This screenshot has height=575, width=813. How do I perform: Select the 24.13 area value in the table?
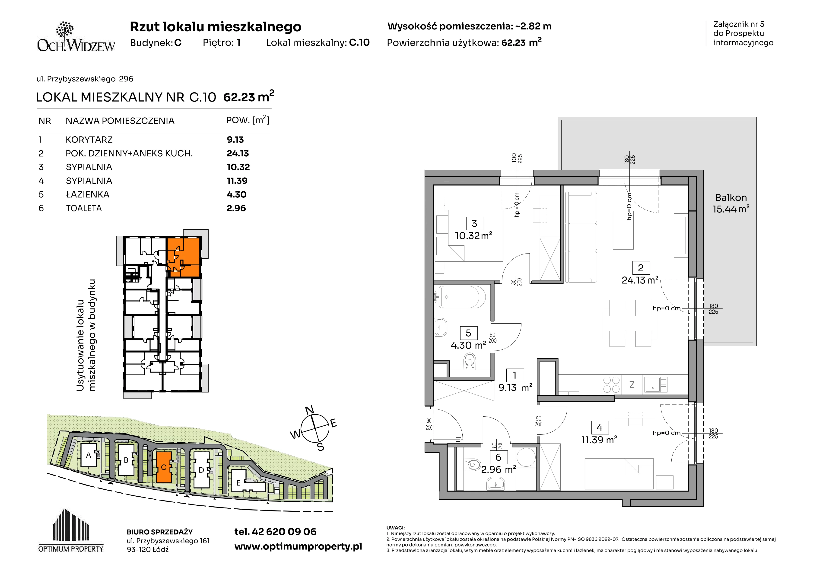(x=238, y=153)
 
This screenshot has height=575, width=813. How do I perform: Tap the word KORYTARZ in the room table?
(x=89, y=140)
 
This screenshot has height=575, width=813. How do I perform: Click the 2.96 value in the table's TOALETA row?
(x=236, y=208)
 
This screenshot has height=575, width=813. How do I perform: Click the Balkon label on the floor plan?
(x=731, y=197)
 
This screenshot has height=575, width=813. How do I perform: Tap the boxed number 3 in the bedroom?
(x=474, y=224)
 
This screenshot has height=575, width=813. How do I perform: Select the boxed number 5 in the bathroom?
(x=468, y=333)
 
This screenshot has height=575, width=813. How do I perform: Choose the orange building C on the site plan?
(x=164, y=467)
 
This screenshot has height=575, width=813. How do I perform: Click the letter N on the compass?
(x=309, y=410)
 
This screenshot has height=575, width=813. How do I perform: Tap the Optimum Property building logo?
(x=71, y=530)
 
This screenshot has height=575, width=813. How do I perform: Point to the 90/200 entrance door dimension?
(x=429, y=424)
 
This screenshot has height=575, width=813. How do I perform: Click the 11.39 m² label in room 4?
(x=599, y=440)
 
